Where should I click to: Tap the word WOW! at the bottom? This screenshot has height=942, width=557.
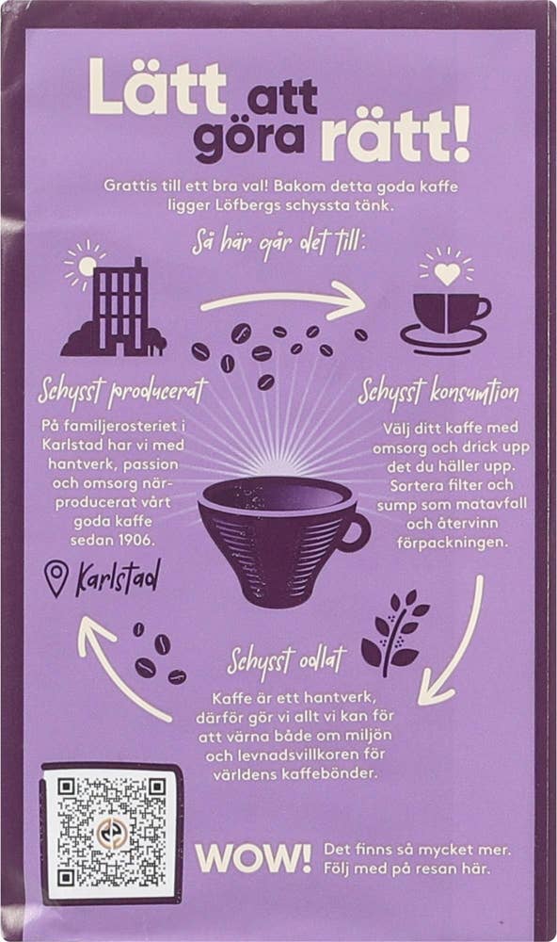(253, 857)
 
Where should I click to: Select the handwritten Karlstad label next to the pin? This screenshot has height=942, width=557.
(119, 575)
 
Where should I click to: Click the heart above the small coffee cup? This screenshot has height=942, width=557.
(446, 272)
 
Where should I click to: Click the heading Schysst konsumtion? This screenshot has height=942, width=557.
(438, 390)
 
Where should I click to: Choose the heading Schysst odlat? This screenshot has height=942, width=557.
(287, 660)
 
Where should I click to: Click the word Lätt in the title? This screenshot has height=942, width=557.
(155, 89)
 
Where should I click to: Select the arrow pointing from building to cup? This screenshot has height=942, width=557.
(282, 300)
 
